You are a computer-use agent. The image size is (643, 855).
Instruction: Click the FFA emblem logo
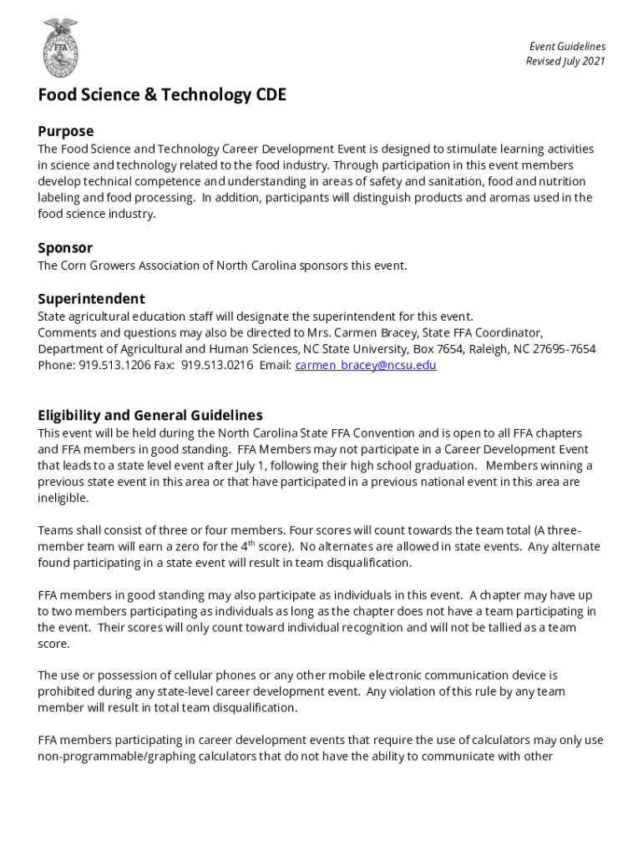[60, 48]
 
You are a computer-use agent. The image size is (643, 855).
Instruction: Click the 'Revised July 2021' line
[565, 62]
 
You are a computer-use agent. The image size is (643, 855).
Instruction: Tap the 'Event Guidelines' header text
[567, 47]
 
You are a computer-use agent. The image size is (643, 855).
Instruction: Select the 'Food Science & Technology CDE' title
[162, 95]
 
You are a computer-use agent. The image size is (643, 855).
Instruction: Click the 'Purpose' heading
[66, 131]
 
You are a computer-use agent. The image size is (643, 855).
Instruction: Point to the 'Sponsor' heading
[65, 248]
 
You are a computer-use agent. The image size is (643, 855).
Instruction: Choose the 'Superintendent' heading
[91, 299]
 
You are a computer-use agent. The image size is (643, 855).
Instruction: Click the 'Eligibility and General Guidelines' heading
[150, 416]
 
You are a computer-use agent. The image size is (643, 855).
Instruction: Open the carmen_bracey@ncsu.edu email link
[366, 366]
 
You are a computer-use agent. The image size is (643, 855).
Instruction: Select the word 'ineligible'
[63, 498]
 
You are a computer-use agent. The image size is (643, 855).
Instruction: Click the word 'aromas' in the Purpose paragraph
[468, 198]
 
